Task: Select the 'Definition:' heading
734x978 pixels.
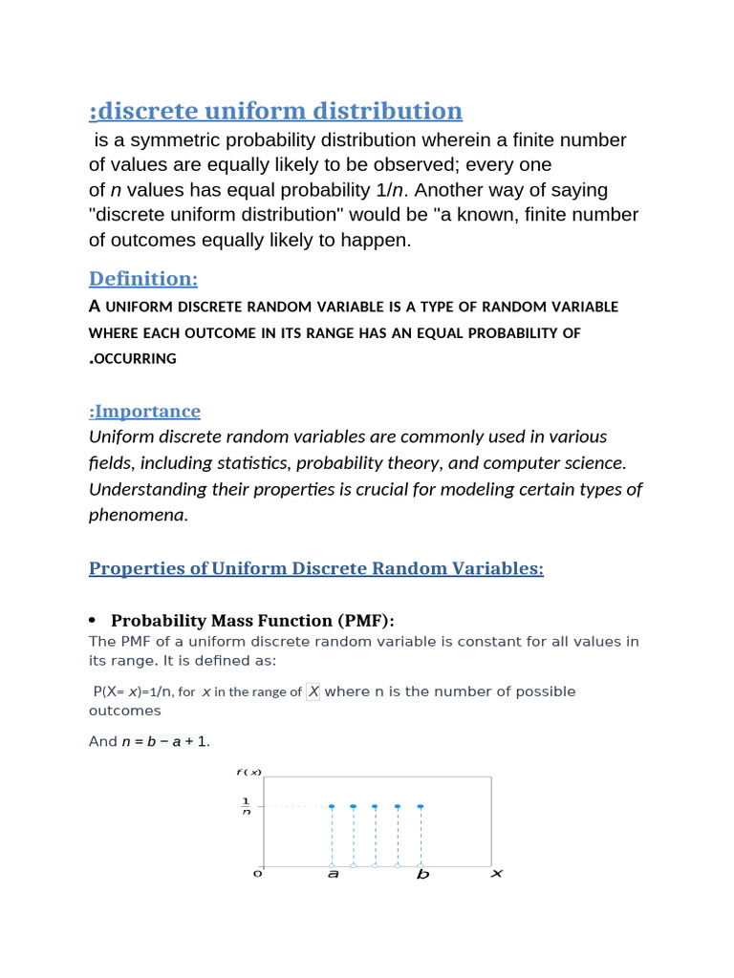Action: point(143,279)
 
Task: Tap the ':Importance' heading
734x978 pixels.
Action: point(144,412)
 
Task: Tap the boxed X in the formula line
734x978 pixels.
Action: point(313,691)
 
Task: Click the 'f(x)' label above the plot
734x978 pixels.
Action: point(249,772)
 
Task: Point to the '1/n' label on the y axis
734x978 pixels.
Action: point(246,806)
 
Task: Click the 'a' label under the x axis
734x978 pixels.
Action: point(333,874)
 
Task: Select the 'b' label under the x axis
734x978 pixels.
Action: point(422,874)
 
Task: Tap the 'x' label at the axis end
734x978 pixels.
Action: point(496,873)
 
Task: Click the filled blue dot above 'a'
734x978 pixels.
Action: point(332,806)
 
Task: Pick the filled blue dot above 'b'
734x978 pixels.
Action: point(421,806)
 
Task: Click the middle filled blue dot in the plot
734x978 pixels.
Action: point(376,806)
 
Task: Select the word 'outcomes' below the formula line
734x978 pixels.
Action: point(125,712)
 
